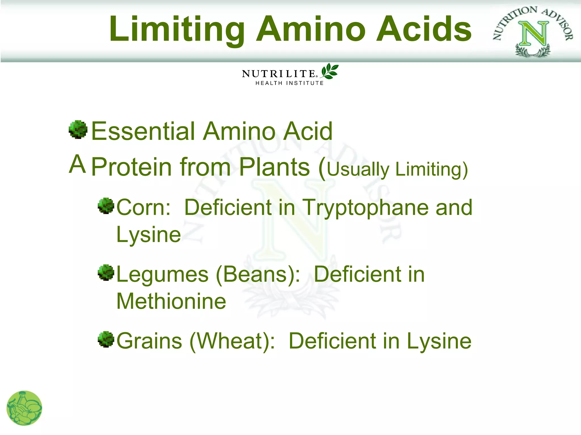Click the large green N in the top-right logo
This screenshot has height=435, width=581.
pos(534,34)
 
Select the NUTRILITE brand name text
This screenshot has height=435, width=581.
pos(279,74)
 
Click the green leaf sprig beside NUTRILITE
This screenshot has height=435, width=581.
pos(330,71)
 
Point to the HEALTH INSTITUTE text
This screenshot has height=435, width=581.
pos(289,83)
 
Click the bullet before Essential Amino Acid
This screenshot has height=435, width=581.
pos(78,130)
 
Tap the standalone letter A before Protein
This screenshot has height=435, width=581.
pos(77,164)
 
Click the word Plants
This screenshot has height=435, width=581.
pos(274,167)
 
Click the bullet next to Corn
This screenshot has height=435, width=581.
pos(106,206)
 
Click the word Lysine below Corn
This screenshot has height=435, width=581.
pos(149,234)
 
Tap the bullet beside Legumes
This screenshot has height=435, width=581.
pos(106,273)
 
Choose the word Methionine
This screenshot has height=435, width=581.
pos(171,301)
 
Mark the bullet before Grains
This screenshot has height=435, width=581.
pos(106,339)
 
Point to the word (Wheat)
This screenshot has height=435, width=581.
pos(232,341)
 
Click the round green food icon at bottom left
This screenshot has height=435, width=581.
pos(24,408)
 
